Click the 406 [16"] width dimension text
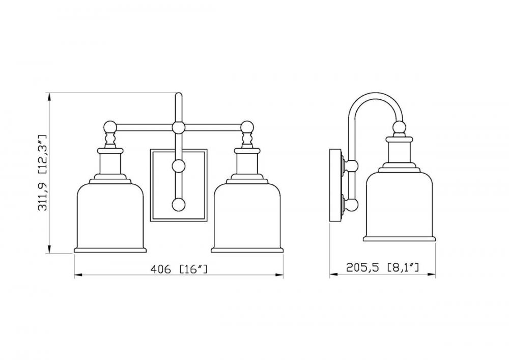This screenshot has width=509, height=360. [x=179, y=269]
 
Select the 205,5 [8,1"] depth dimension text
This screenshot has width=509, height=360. [x=382, y=267]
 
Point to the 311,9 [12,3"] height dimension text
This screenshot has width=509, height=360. [x=43, y=173]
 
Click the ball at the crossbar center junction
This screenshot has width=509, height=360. [x=178, y=127]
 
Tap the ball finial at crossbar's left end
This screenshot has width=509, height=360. [x=110, y=127]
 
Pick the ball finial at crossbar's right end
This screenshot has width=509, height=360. [x=247, y=127]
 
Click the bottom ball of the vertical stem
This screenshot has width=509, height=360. [x=178, y=205]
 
